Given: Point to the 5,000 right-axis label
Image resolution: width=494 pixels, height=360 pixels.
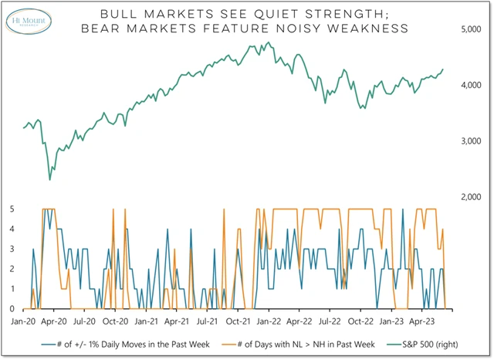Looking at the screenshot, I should (x=470, y=29).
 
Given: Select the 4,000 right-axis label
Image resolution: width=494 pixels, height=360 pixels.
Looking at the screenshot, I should (x=470, y=85).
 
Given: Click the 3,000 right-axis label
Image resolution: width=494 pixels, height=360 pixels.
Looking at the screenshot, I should (x=470, y=141).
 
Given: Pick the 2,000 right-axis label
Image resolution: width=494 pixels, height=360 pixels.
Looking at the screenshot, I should (x=470, y=198).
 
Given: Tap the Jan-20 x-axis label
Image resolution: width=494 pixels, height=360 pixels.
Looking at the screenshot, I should (x=22, y=318).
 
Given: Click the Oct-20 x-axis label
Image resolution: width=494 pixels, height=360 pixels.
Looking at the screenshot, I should (x=115, y=318).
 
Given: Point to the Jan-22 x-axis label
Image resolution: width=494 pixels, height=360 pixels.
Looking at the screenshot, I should (x=270, y=318).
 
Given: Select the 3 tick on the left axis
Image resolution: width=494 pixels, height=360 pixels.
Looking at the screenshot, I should (x=12, y=249).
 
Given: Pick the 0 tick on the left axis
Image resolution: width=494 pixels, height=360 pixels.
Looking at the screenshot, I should (x=12, y=308).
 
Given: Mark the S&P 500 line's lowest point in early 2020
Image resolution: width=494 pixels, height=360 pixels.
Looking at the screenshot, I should (x=50, y=180).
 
